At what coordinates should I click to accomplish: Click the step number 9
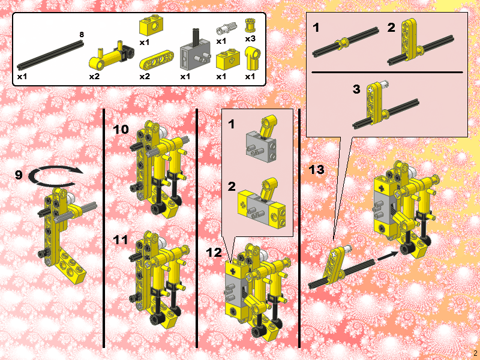point(19,175)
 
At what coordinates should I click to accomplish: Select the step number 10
point(121,129)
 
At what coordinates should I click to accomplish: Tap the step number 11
point(121,239)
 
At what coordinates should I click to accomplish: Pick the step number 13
point(316,170)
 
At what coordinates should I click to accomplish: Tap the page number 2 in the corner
point(475,353)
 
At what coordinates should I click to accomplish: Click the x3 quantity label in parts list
point(250,38)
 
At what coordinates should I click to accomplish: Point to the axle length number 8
point(82,35)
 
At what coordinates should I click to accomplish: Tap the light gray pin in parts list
point(224,27)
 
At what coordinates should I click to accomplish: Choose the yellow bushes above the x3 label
point(250,25)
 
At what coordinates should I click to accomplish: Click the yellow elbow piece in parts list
point(251,59)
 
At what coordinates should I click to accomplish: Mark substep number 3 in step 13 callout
point(356,89)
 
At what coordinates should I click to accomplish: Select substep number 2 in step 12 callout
point(232,187)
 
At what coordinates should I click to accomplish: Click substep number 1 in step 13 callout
point(316,28)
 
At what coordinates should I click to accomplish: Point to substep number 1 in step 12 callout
point(232,124)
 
